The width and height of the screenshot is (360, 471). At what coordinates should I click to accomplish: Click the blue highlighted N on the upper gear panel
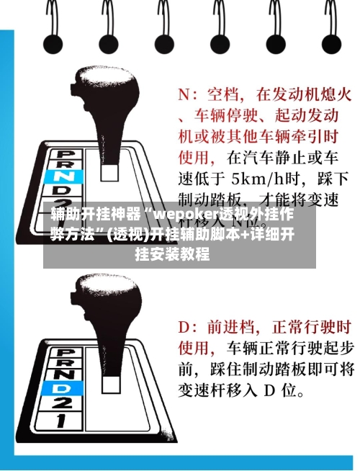(x=66, y=175)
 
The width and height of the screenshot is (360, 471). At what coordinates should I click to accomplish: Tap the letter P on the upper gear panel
(x=66, y=153)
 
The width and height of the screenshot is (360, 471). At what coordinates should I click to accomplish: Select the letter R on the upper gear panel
(x=66, y=163)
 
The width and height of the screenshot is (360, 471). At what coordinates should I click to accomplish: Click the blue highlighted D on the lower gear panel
(x=66, y=388)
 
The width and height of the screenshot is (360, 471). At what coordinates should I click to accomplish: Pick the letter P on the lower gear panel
(x=66, y=354)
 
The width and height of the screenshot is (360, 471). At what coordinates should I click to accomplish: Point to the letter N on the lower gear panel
(x=66, y=376)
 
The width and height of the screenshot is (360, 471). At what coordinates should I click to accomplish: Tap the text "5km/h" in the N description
(x=264, y=176)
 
